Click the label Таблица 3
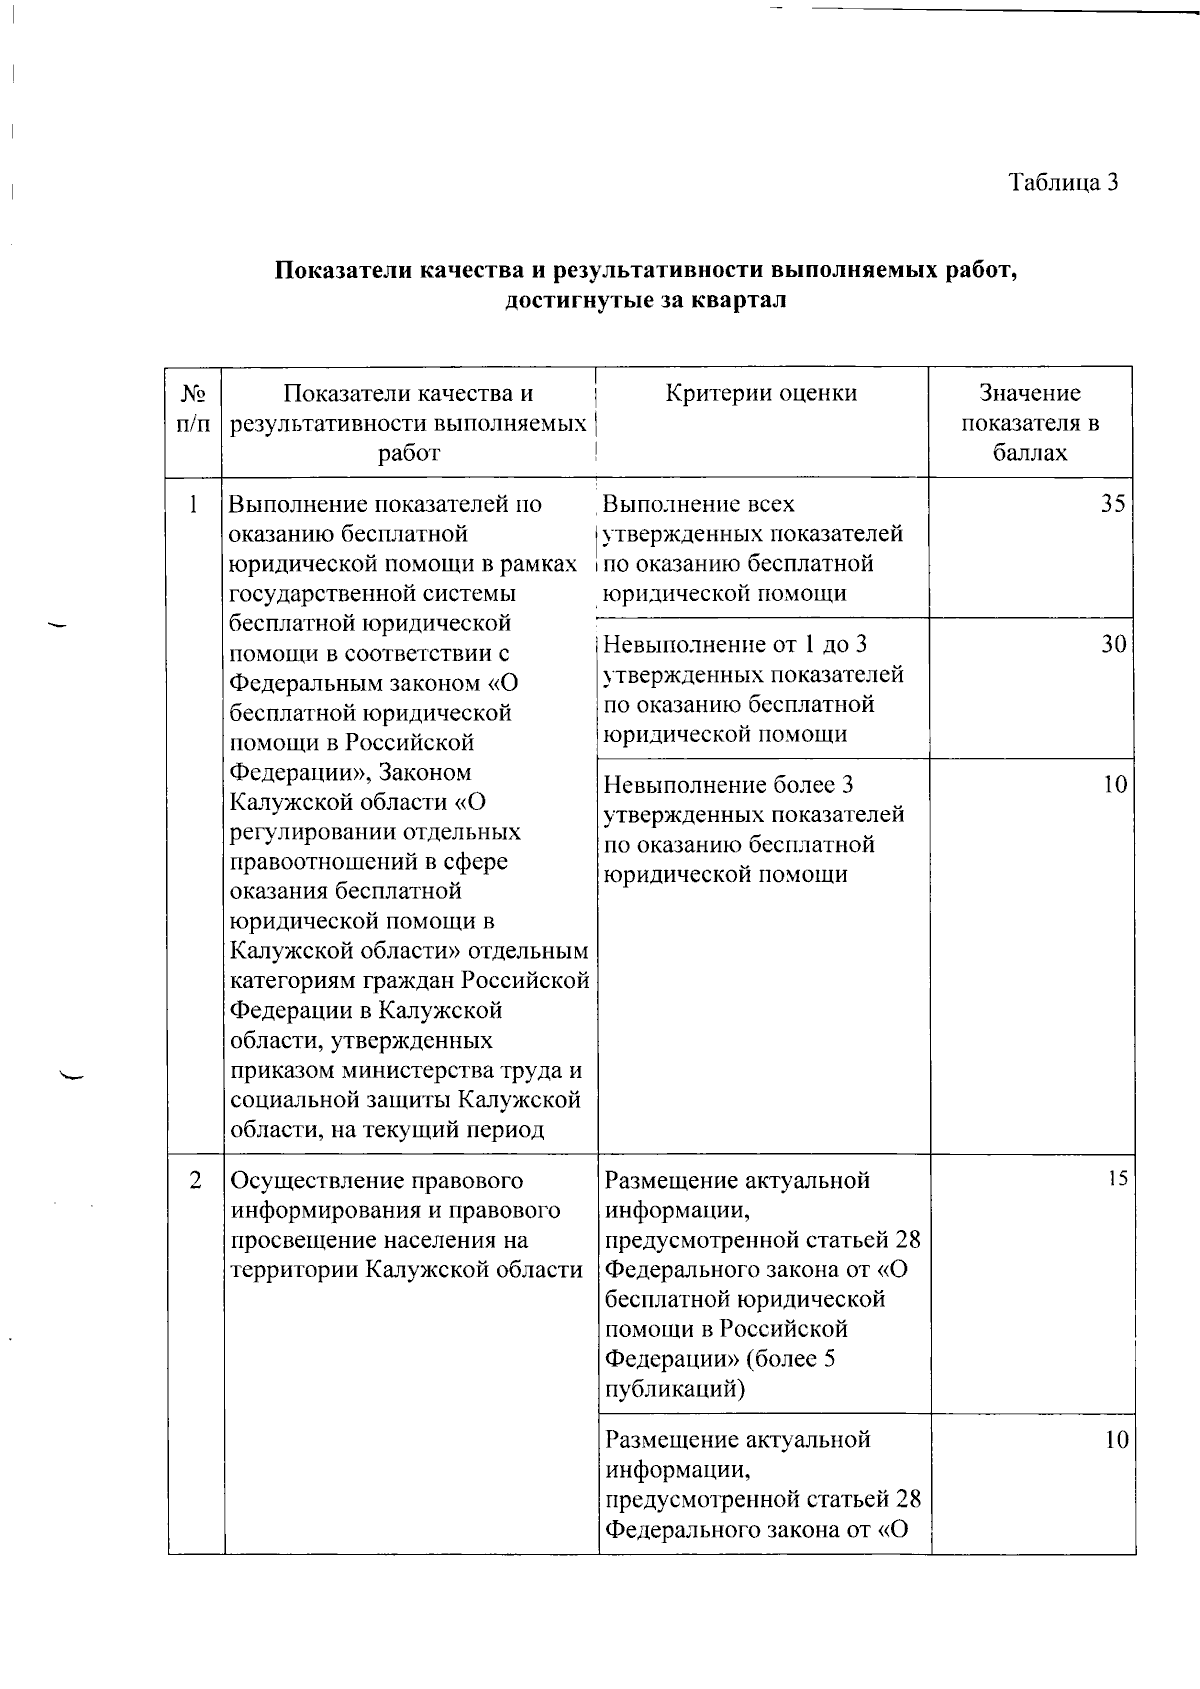(x=1062, y=183)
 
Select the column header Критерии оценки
(x=761, y=394)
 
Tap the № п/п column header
(x=193, y=408)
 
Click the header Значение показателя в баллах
(x=1030, y=423)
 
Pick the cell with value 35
(x=1113, y=504)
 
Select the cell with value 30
(x=1113, y=645)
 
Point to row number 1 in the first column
(x=193, y=504)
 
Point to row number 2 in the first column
(x=195, y=1180)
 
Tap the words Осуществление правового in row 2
(x=376, y=1180)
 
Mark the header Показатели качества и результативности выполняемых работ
(x=408, y=423)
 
